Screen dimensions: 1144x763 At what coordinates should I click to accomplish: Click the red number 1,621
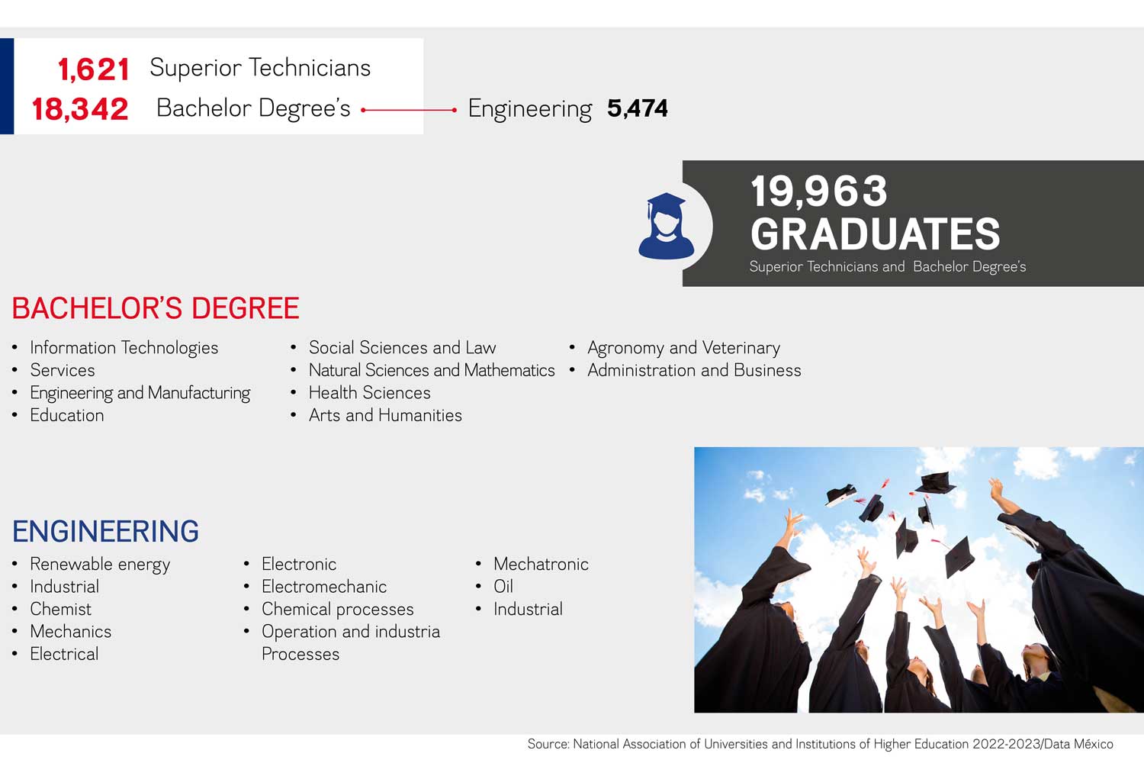tap(94, 69)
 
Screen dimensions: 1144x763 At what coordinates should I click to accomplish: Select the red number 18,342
tap(80, 109)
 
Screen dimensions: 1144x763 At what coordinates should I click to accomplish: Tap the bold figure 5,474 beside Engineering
tap(638, 108)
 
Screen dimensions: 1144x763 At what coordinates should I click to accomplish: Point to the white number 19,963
tap(818, 192)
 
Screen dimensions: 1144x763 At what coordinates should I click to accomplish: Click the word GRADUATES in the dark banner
tap(875, 233)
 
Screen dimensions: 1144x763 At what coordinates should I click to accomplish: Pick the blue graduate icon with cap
tap(666, 226)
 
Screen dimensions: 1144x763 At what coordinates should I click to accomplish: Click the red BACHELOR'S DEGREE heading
tap(156, 308)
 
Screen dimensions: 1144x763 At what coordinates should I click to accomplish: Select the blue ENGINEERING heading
tap(106, 531)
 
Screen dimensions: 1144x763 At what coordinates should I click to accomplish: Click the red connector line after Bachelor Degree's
tap(409, 110)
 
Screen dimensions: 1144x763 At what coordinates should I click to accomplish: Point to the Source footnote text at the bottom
tap(820, 744)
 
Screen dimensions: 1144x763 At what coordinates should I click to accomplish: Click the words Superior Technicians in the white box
tap(261, 67)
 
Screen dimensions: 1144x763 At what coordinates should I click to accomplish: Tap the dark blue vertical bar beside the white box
tap(7, 86)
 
